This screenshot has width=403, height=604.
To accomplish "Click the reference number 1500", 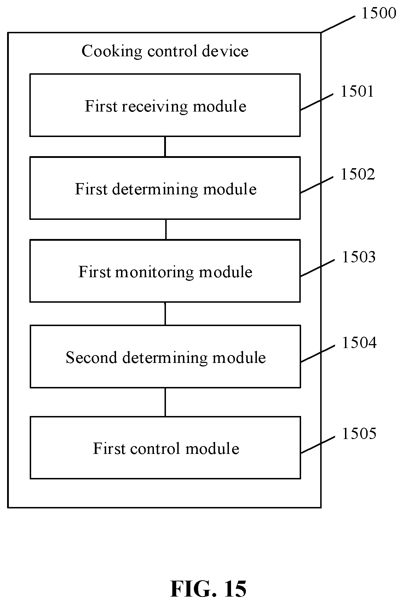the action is point(379,13).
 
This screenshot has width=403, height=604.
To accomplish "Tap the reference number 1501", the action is point(357,91).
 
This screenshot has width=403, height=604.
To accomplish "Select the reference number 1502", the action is point(358,174).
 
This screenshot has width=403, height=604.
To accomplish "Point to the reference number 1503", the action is point(358,257).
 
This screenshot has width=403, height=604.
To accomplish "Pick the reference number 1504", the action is point(359,342).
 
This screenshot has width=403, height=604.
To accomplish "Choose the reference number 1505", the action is point(359,433).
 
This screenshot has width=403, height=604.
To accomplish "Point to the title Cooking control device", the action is point(165,51).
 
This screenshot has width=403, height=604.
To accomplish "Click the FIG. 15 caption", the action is point(208,589).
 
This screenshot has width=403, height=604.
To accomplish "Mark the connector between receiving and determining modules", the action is point(165,147).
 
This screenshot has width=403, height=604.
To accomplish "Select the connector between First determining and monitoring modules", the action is point(166,229).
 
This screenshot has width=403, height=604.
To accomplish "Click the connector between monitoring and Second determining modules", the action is point(165,314).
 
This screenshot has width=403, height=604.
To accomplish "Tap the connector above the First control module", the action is point(165,402).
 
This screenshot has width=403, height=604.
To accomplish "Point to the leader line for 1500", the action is point(338,24).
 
